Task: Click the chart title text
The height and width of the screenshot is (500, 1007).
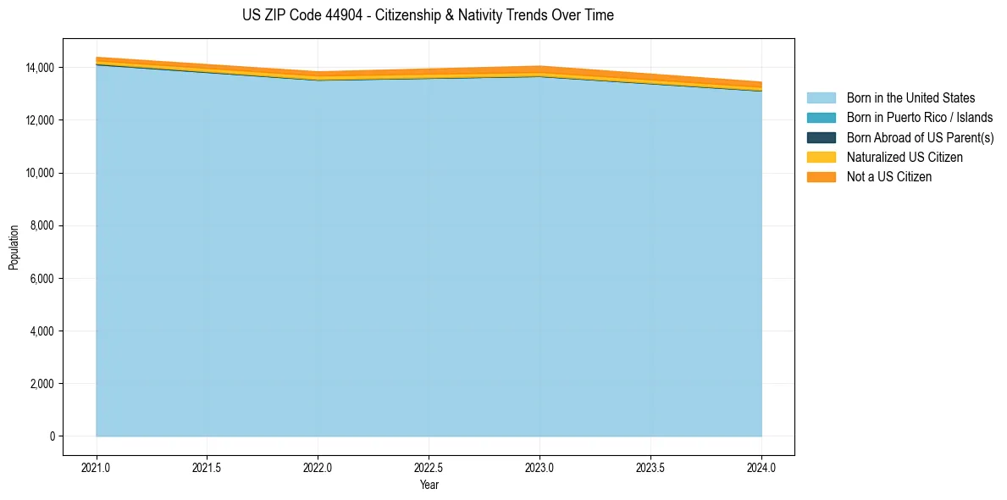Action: point(428,15)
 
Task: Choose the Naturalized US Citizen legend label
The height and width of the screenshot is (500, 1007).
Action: point(905,158)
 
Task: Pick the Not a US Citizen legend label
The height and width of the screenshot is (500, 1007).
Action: point(889,177)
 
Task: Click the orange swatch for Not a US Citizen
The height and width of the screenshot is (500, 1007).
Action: point(821,177)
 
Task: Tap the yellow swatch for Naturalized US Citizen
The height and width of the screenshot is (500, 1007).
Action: point(821,158)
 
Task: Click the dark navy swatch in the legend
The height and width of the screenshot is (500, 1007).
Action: point(821,137)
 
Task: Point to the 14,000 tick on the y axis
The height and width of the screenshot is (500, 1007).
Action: point(40,68)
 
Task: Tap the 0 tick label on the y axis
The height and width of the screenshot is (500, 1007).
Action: point(52,436)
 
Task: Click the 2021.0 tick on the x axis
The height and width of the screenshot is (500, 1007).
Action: point(97,467)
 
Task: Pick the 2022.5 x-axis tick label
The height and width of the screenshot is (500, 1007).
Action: point(429,467)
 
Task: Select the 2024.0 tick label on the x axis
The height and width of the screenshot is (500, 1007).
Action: point(761,467)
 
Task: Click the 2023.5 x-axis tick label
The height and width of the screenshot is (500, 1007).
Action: point(650,467)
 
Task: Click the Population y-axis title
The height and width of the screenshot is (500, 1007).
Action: point(14,247)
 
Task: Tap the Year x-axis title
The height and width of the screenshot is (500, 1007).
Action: point(429,485)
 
